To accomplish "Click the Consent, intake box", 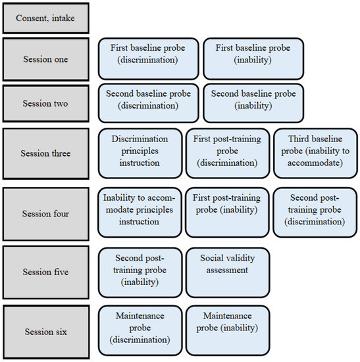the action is (45, 18).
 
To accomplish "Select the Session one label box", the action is (45, 59).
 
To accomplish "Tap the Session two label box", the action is (45, 103).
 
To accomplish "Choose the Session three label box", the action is (45, 153).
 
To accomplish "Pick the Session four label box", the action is (45, 214).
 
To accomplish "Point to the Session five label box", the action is (45, 272).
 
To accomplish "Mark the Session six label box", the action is (45, 332).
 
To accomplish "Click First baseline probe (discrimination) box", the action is (149, 59).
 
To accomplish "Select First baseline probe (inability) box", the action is (253, 59).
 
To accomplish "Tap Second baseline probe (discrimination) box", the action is (149, 103).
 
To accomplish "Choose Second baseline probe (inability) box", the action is (253, 103).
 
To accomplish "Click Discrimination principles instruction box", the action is (140, 153).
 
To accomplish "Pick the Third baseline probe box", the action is (315, 153).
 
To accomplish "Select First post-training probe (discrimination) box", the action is (228, 153).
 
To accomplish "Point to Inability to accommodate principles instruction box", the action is (140, 213).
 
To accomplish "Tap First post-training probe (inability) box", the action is (227, 213).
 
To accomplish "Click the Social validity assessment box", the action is (228, 272).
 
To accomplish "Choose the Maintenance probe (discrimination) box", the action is (140, 330).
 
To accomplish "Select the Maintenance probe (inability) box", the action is (228, 330).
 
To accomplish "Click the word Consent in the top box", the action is (32, 18).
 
